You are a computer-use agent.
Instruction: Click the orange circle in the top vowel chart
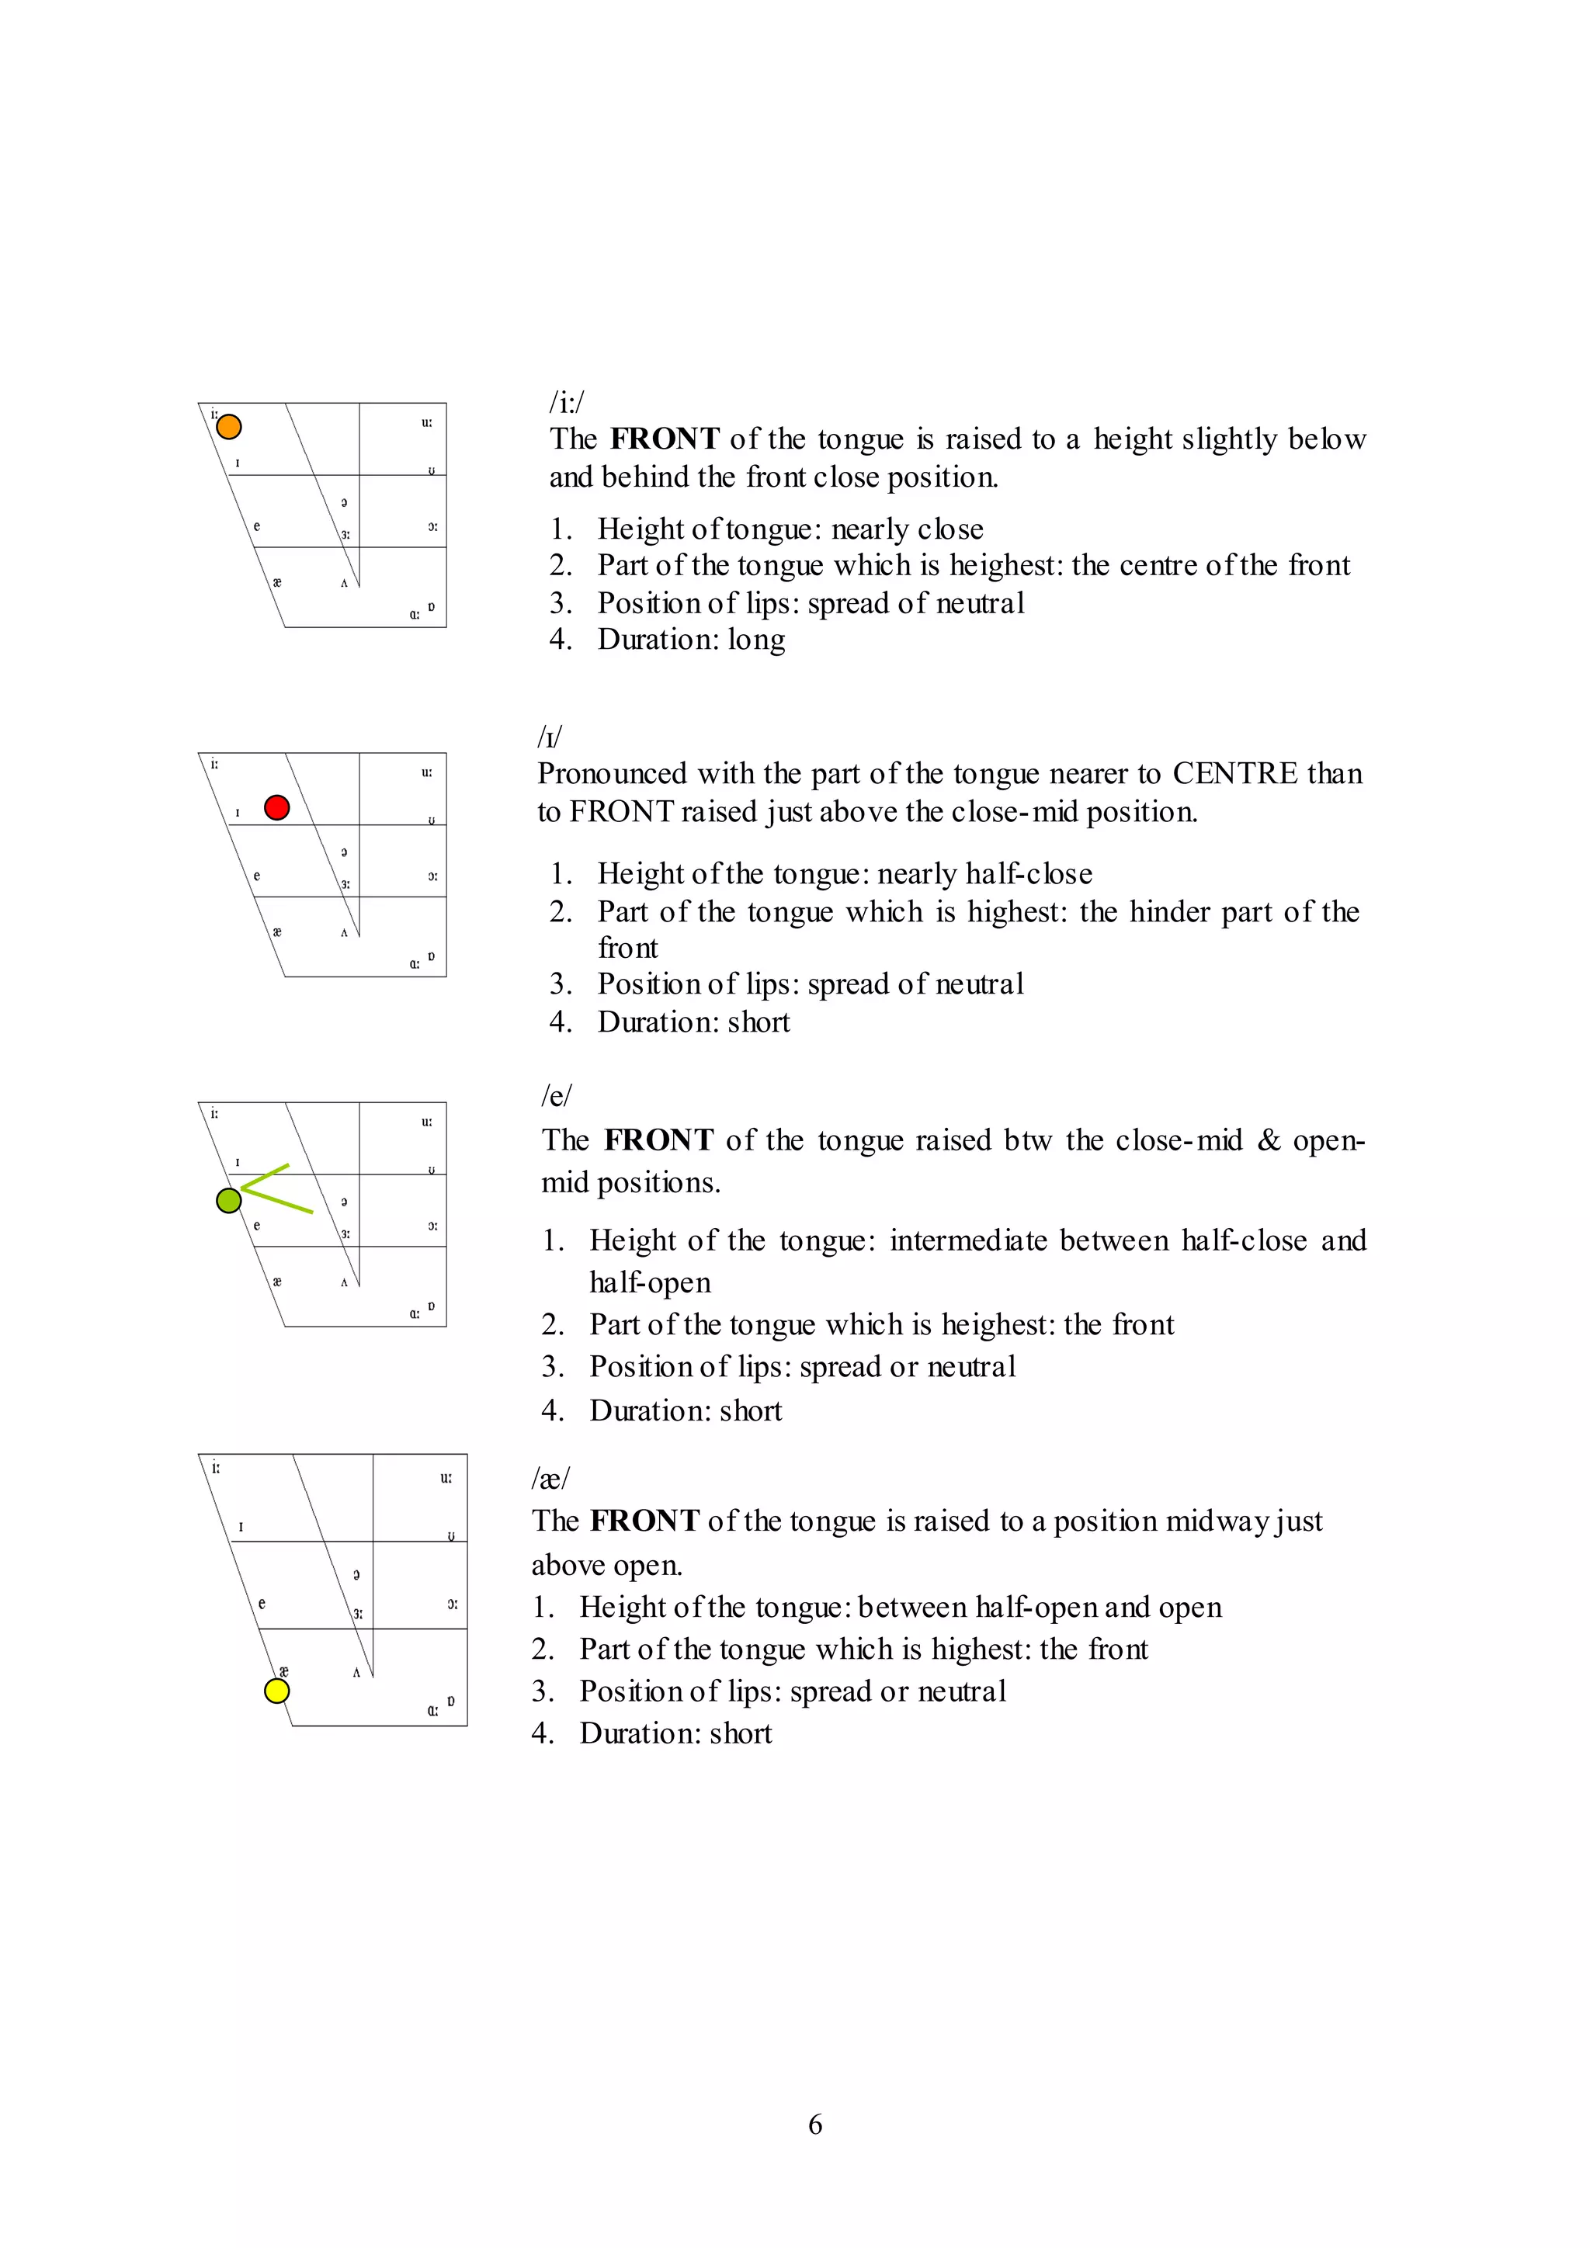coord(228,427)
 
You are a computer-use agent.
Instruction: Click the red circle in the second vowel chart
coord(277,808)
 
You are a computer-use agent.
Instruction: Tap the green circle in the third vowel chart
coord(228,1200)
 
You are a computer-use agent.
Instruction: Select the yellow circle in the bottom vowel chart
coord(277,1691)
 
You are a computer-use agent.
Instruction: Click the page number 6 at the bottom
coord(814,2124)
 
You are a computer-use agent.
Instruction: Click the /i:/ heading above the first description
coord(566,401)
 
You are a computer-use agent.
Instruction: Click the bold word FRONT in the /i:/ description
coord(665,439)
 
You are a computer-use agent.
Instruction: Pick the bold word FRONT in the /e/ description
coord(659,1140)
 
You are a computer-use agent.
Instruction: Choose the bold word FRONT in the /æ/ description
coord(644,1521)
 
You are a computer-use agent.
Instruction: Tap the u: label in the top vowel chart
coord(427,423)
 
